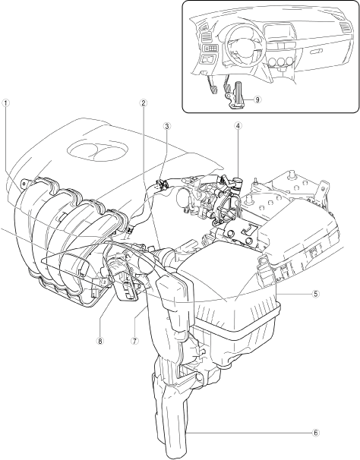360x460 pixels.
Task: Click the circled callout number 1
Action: pyautogui.click(x=6, y=103)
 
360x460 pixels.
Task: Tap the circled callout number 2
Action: pyautogui.click(x=143, y=103)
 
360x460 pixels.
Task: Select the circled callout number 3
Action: pyautogui.click(x=167, y=127)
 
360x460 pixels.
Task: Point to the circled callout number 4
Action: pyautogui.click(x=238, y=126)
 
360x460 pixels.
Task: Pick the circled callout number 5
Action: pyautogui.click(x=314, y=294)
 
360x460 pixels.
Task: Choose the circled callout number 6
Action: pyautogui.click(x=314, y=433)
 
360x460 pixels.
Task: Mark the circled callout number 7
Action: pyautogui.click(x=134, y=341)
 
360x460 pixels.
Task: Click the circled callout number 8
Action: pyautogui.click(x=100, y=341)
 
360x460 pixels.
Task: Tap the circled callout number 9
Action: pyautogui.click(x=257, y=99)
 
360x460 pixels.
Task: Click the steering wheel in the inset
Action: pyautogui.click(x=239, y=43)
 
